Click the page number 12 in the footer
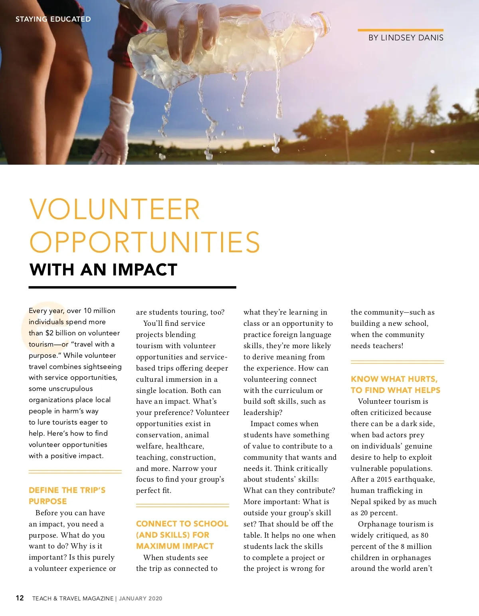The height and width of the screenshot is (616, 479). (x=20, y=598)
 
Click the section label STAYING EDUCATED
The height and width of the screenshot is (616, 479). (x=53, y=19)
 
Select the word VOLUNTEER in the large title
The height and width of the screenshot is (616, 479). (x=115, y=209)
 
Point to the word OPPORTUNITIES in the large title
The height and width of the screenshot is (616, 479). (x=144, y=242)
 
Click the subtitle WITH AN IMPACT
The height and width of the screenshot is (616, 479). (x=103, y=270)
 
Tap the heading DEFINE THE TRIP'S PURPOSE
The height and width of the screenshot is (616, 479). (x=67, y=496)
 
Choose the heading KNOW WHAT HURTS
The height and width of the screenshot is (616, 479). (x=394, y=379)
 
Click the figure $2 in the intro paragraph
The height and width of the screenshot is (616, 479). (x=49, y=333)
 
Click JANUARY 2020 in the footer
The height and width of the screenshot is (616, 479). (x=141, y=598)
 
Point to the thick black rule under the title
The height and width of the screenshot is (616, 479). (x=132, y=287)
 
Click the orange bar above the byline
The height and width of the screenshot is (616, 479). (x=400, y=30)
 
